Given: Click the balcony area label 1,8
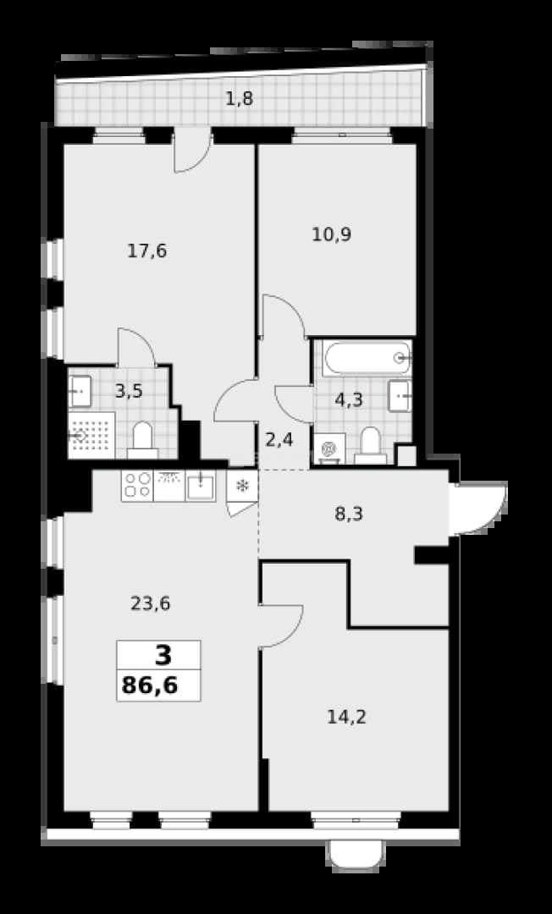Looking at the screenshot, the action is (x=239, y=99).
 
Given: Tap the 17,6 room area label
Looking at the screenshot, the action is (x=146, y=252).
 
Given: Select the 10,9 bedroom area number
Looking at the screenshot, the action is (x=331, y=235).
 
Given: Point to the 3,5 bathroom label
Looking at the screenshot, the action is (x=128, y=390).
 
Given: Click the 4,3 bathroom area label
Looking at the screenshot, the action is (x=349, y=399).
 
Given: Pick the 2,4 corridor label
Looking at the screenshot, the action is (x=279, y=440).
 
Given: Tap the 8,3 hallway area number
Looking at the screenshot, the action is (x=349, y=515).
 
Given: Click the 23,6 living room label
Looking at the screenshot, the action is (x=150, y=603).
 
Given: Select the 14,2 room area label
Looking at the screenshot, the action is (x=346, y=718).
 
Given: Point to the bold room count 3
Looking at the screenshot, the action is (x=163, y=656).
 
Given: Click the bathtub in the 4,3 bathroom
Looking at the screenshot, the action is (x=367, y=358).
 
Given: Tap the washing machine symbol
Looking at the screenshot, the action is (x=329, y=449).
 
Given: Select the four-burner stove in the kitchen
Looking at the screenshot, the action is (x=137, y=486).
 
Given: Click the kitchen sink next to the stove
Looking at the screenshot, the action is (x=201, y=486).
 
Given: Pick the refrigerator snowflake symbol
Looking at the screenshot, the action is (x=241, y=485).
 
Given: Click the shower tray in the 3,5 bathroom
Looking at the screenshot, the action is (x=91, y=435).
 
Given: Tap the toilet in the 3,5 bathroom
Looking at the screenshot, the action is (x=142, y=440).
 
